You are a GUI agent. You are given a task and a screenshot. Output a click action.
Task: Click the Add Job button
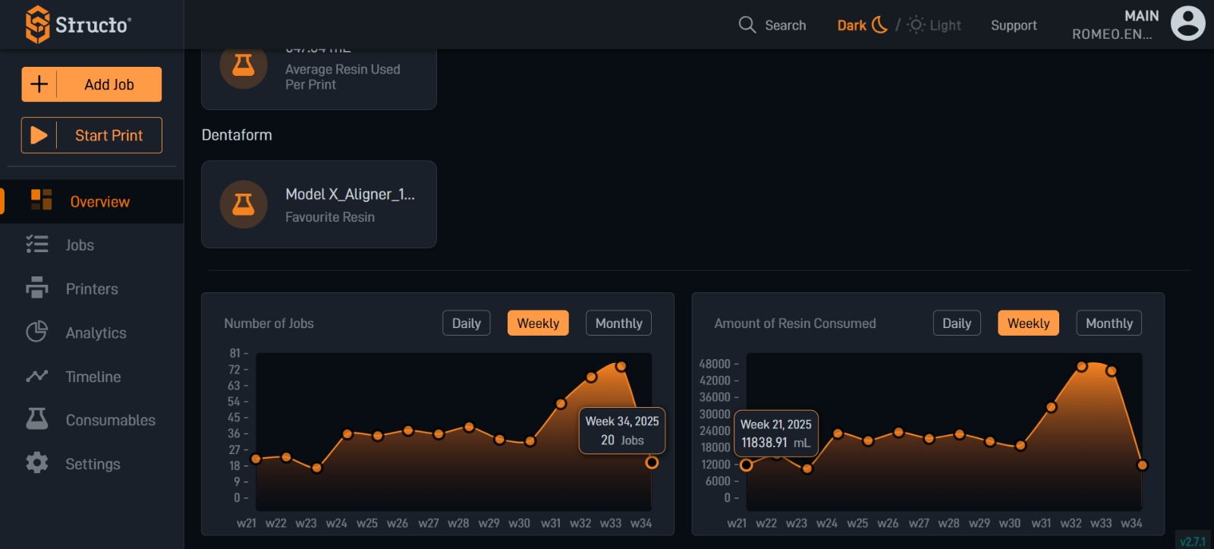tap(92, 84)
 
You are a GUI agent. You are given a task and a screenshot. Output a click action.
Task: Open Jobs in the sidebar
tap(79, 245)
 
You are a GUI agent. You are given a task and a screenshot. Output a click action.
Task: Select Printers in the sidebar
tap(91, 289)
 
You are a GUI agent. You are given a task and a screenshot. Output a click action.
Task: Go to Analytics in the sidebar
tap(96, 333)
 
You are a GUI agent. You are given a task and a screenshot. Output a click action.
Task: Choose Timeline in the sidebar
tap(93, 377)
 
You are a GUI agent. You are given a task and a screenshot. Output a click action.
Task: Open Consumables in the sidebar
tap(110, 420)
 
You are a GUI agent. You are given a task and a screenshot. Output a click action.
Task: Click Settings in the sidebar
tap(93, 464)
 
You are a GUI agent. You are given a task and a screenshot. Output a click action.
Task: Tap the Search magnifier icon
tap(747, 25)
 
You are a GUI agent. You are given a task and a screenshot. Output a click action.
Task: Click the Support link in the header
tap(1013, 25)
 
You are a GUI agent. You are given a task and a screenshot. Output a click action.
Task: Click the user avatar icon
tap(1187, 24)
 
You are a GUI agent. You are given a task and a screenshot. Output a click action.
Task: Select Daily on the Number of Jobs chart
tap(466, 323)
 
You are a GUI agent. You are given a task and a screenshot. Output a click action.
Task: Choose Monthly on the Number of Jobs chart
tap(618, 323)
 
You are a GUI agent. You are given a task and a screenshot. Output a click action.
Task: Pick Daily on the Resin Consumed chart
tap(956, 323)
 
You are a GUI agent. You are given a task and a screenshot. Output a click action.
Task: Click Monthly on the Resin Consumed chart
tap(1109, 323)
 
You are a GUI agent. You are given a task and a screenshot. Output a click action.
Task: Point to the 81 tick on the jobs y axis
tap(235, 353)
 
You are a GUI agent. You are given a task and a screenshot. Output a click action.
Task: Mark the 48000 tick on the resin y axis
tap(715, 364)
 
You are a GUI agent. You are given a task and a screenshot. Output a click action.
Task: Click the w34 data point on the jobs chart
tap(652, 462)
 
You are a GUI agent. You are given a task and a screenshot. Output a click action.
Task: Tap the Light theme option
tap(936, 25)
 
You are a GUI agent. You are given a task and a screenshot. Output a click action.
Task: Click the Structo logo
tap(78, 24)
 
